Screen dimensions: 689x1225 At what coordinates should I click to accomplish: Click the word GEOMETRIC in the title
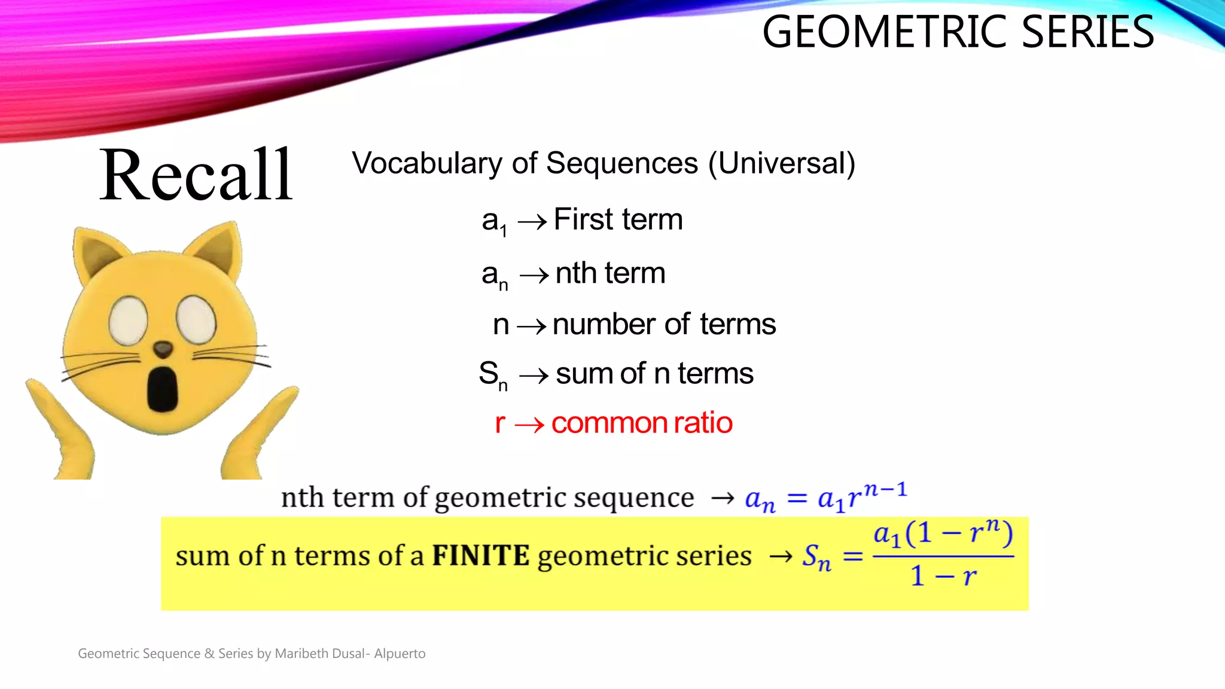click(x=886, y=32)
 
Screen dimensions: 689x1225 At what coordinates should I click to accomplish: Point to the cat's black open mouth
click(x=162, y=389)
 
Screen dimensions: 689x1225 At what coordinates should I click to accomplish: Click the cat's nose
click(x=163, y=349)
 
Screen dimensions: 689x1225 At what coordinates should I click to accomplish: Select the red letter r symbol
click(x=500, y=423)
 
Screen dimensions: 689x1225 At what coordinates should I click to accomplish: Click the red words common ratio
click(x=642, y=423)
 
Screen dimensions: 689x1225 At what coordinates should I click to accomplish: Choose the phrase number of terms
click(x=664, y=324)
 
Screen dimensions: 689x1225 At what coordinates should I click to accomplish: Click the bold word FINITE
click(x=480, y=556)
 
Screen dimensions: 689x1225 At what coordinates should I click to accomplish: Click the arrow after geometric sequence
click(x=723, y=498)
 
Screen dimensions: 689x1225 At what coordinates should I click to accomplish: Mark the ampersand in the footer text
click(x=209, y=654)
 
